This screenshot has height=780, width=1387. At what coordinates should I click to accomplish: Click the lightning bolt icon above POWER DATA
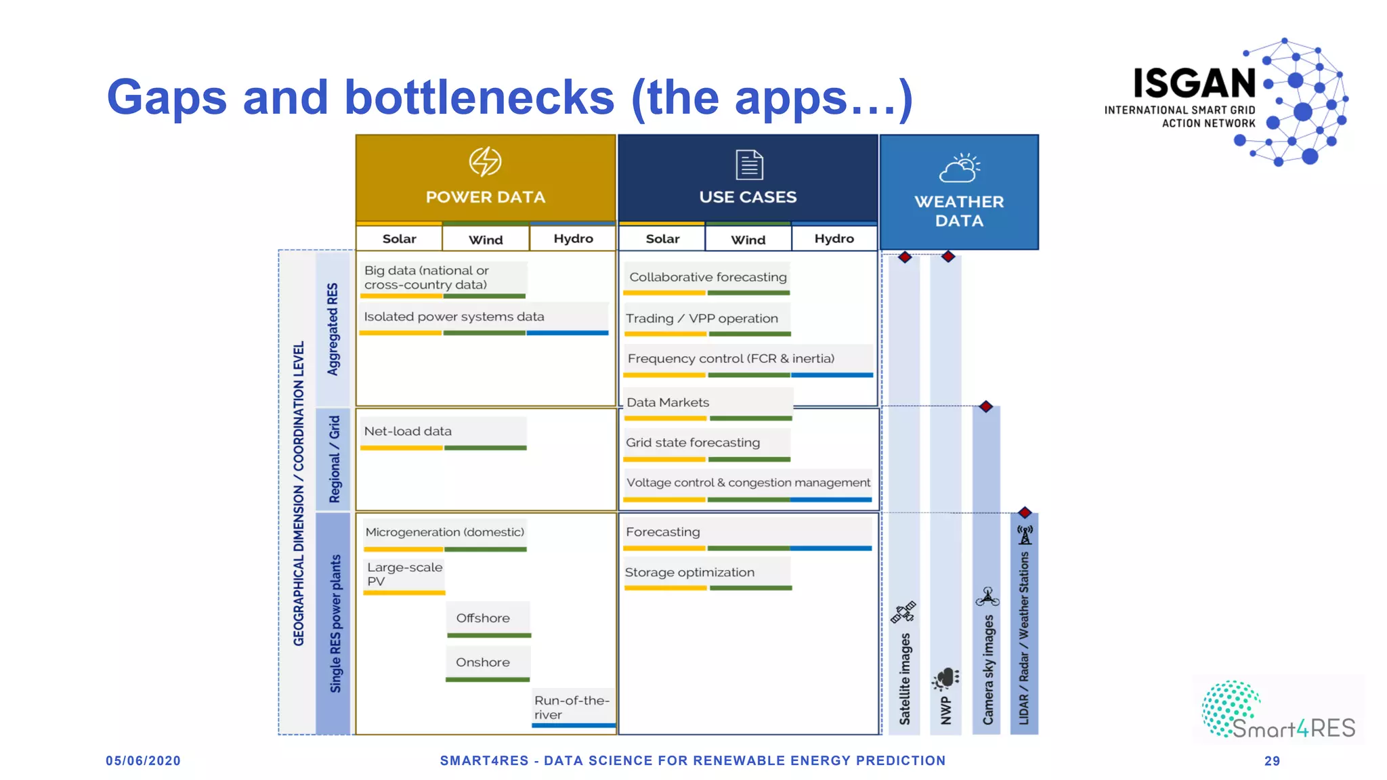pos(485,162)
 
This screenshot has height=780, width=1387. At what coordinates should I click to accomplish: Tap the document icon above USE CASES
pos(749,165)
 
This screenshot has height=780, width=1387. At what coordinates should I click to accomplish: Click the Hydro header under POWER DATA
pos(573,239)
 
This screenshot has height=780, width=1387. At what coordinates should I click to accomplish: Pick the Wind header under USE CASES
pos(748,240)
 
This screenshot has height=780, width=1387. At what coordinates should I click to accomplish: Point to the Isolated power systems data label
pos(454,317)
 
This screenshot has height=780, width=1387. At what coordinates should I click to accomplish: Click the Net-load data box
pos(408,431)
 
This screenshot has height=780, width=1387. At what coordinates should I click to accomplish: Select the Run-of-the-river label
pos(572,708)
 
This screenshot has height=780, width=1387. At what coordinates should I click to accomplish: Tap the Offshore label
pos(483,618)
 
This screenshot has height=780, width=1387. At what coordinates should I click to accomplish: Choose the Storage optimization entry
pos(689,573)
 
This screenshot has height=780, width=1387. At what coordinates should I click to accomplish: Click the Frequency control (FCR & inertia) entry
pos(731,359)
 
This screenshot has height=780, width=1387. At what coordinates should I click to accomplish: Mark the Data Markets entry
pos(668,403)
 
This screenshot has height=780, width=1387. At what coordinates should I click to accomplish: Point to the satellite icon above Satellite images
pos(903,612)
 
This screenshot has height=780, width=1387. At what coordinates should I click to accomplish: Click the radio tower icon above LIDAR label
pos(1025,535)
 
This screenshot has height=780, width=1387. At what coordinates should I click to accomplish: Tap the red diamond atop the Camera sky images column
pos(986,407)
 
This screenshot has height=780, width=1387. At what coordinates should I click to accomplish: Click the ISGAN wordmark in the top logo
pos(1195,83)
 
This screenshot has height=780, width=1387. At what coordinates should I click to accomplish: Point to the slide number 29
pos(1272,761)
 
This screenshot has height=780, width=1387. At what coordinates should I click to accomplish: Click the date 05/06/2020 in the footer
pos(143,761)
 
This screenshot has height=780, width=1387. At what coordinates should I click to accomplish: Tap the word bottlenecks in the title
pos(479,97)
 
